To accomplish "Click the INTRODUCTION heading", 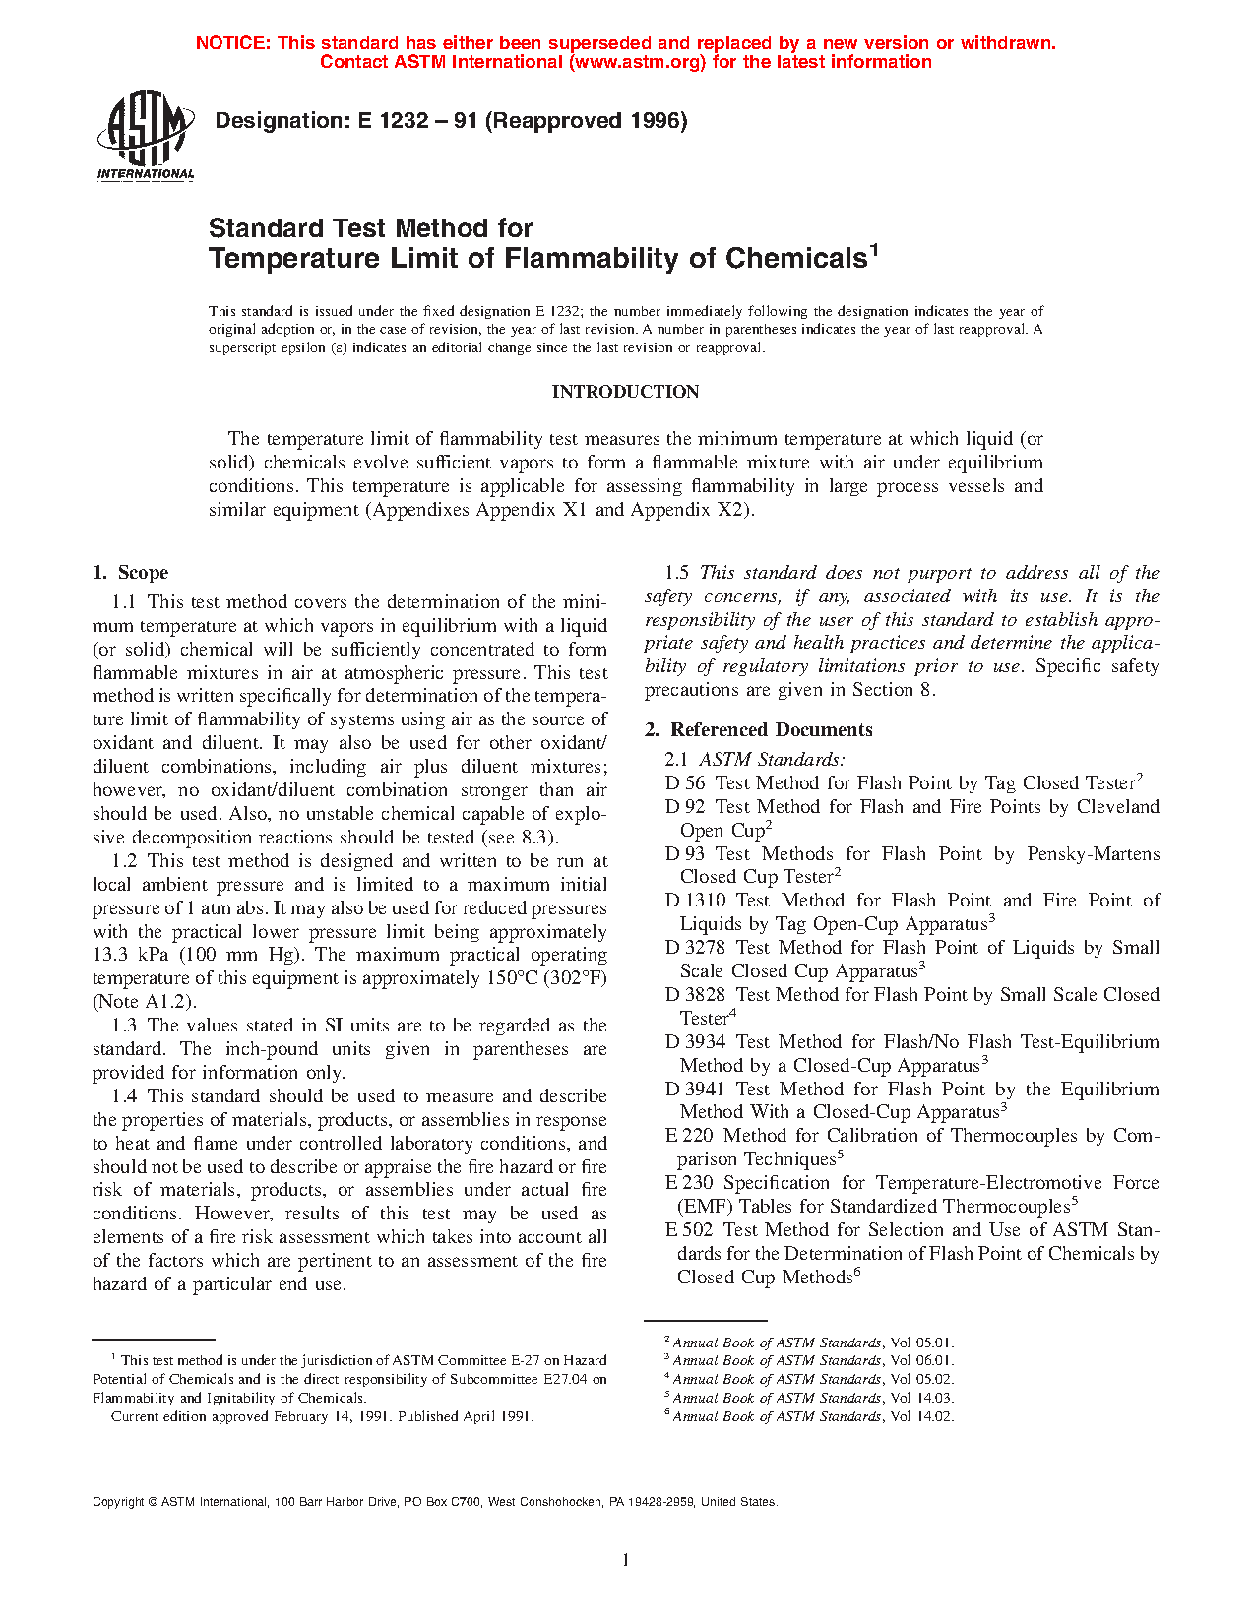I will pos(625,392).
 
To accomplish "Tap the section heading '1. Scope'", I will pos(131,573).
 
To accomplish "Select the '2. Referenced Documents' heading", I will pos(759,729).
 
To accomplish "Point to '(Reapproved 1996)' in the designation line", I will pos(587,121).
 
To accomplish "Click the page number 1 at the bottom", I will pos(626,1559).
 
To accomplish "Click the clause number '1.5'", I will pos(676,573).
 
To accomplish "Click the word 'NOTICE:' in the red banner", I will pos(233,43).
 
